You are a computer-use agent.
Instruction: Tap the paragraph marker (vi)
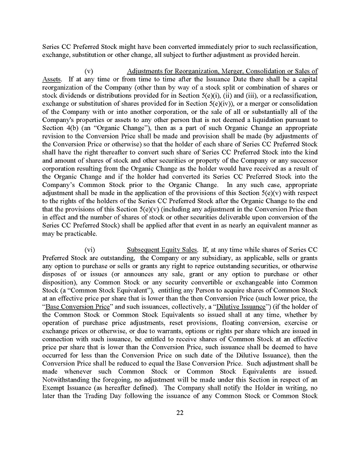pos(90,249)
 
